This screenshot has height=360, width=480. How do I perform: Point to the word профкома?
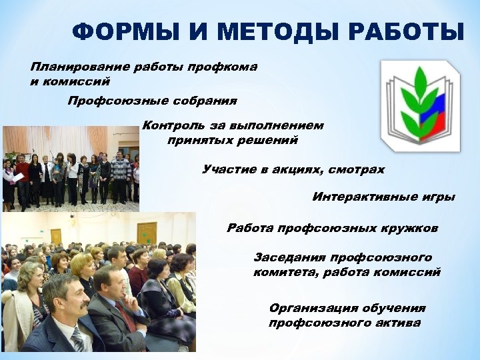pos(225,67)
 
